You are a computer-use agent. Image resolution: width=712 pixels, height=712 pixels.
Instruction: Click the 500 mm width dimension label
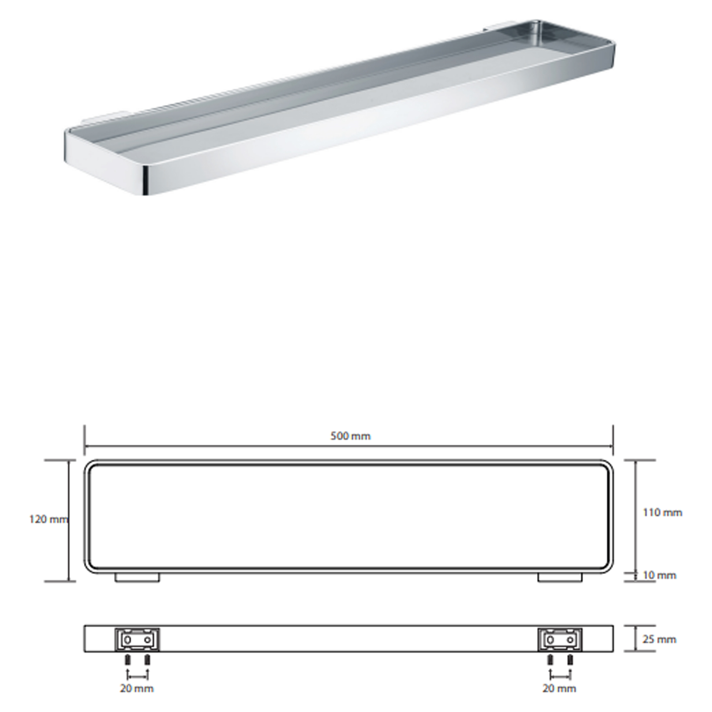click(x=350, y=436)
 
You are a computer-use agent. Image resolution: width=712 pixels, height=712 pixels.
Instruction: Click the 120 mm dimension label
click(x=49, y=519)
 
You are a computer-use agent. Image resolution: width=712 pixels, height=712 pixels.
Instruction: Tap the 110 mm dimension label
click(x=663, y=512)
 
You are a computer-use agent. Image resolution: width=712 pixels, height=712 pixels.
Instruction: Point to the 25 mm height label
click(x=660, y=639)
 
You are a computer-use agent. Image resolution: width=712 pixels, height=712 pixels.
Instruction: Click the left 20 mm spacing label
click(x=137, y=688)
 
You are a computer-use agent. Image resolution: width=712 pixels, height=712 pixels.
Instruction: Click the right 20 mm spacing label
click(x=559, y=688)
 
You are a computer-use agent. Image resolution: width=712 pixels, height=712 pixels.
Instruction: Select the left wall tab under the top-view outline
click(x=137, y=577)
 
